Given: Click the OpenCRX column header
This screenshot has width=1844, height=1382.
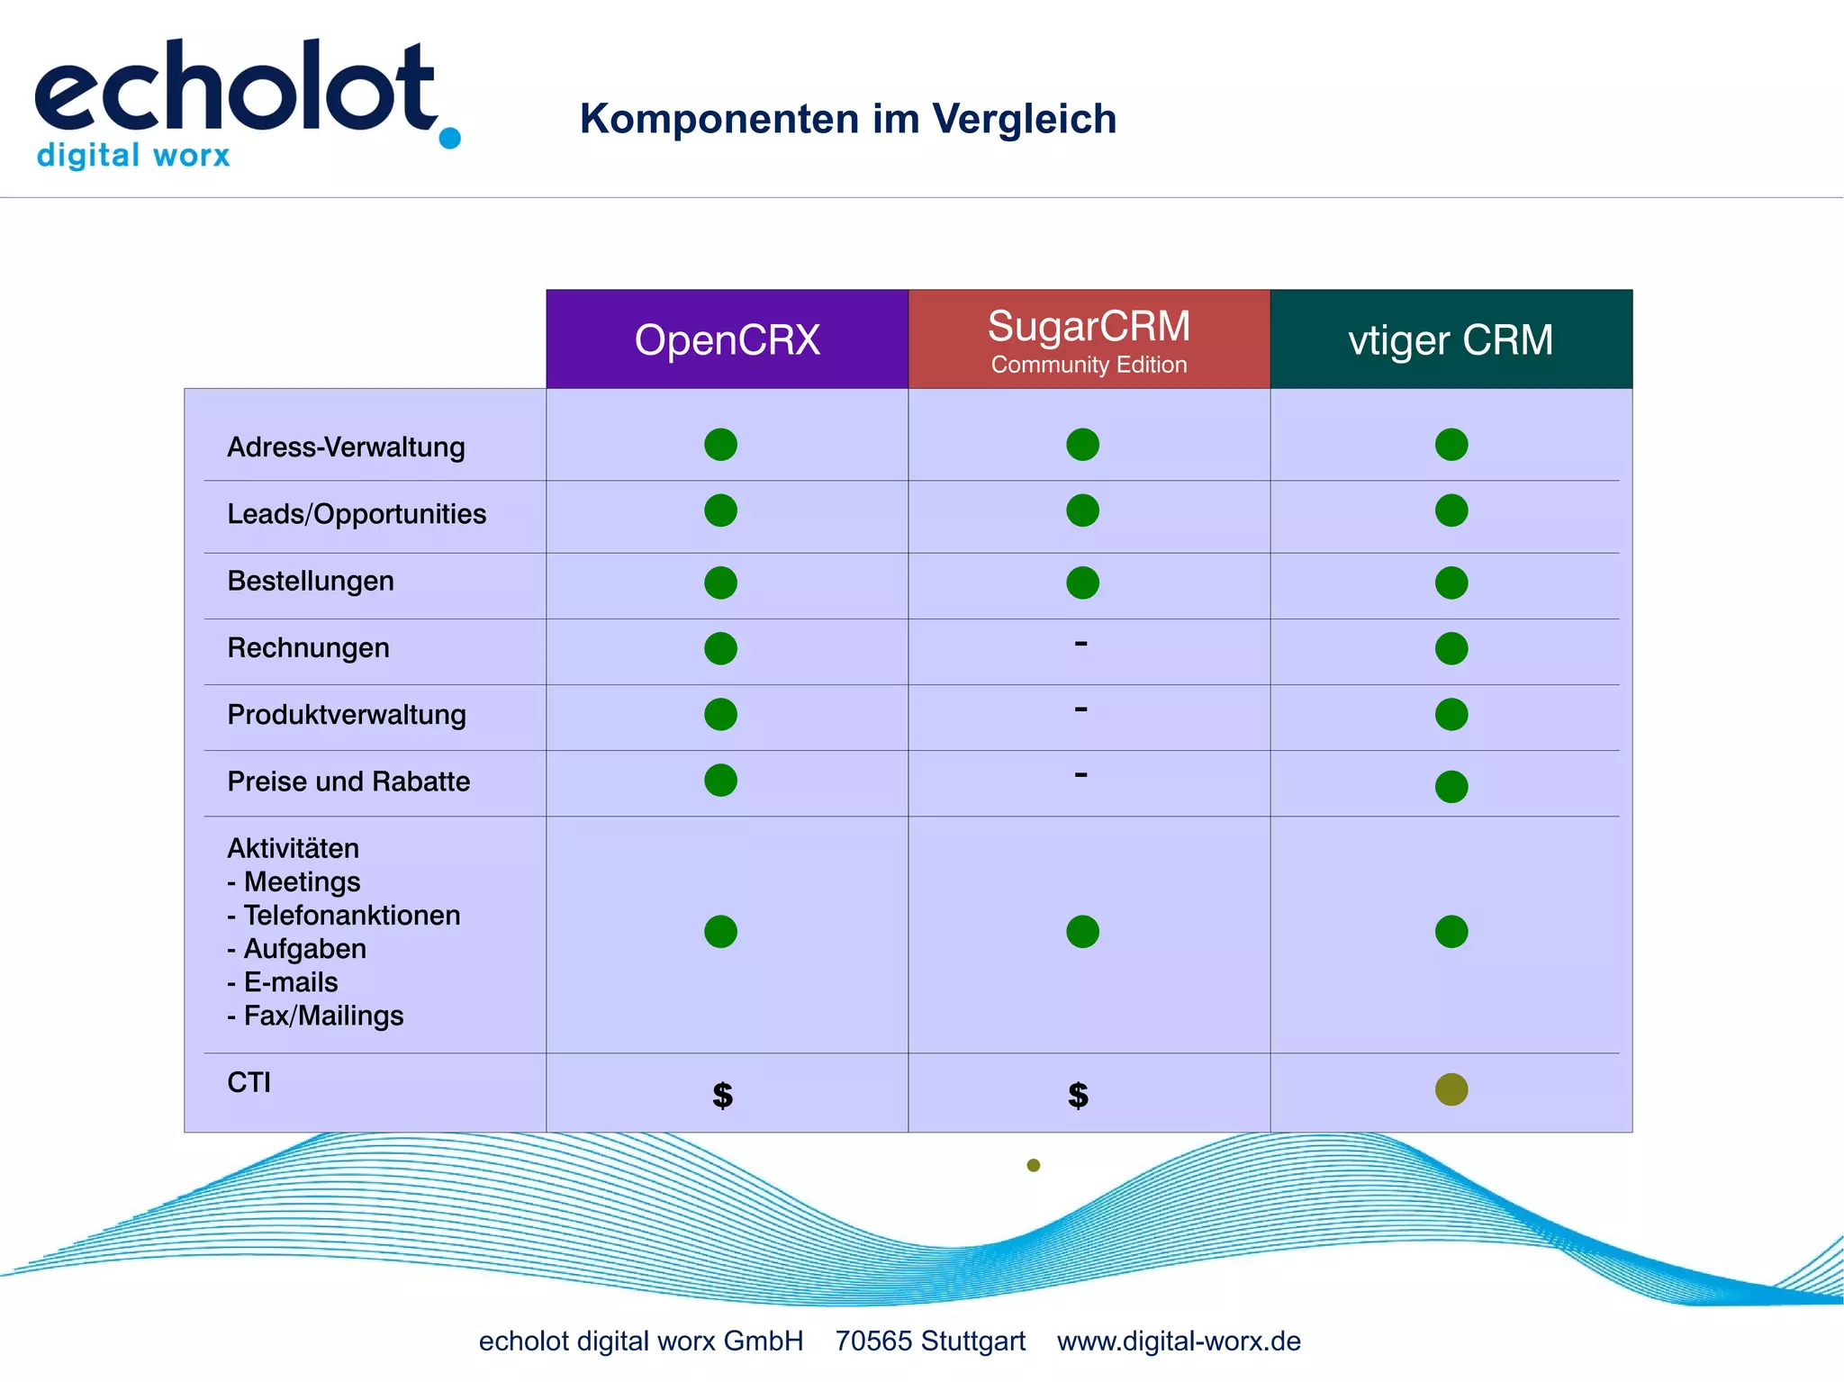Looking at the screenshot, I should pos(727,340).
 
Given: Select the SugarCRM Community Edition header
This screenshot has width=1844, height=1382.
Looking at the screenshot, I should pos(1089,339).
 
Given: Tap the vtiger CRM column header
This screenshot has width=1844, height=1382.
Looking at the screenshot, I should pos(1451,340).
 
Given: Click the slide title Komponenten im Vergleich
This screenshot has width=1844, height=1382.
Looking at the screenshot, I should pos(847,119).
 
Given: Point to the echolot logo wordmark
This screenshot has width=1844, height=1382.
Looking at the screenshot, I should pos(236,88).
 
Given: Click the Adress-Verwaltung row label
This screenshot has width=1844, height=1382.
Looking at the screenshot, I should pos(346,447).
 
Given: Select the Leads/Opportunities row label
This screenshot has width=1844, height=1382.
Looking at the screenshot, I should pos(357,513).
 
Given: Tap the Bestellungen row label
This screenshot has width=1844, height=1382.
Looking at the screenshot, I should pos(311,581).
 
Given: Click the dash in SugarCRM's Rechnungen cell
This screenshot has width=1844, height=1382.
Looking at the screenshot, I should pos(1080,643).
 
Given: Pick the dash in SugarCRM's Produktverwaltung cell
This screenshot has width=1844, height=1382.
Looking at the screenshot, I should pos(1080,709).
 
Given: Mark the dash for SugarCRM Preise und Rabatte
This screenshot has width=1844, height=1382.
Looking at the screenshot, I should pos(1080,774).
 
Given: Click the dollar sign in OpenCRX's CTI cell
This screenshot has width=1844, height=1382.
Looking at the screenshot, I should pos(722,1095).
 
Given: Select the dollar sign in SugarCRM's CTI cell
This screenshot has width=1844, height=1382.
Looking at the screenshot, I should pos(1078,1095).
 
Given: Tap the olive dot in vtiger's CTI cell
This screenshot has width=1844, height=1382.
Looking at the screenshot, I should pos(1451,1089).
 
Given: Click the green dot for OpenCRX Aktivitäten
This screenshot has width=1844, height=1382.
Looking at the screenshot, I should pos(720,931).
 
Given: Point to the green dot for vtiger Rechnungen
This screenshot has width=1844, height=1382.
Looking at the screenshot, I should pos(1451,648).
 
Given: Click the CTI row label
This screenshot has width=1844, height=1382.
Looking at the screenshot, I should pos(249,1082).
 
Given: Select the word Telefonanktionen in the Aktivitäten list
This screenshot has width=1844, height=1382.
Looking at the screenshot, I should pos(352,915).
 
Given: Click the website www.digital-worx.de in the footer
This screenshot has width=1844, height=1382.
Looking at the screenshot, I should pos(1179,1341).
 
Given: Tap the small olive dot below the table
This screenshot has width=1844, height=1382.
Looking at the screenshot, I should pos(1034,1165).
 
